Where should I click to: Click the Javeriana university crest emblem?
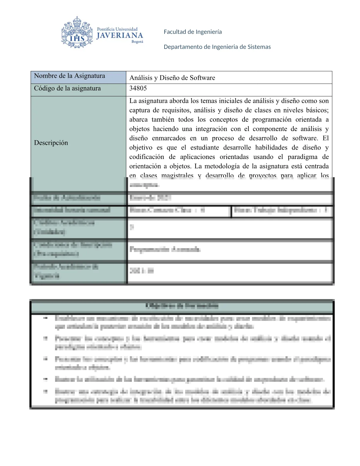pos(77,33)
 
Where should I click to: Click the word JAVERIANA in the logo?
pos(120,36)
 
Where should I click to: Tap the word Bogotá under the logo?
pos(137,42)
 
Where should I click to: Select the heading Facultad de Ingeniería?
pos(193,32)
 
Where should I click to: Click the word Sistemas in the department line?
pos(259,47)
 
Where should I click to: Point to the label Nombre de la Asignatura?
pos(69,76)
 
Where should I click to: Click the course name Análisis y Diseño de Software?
pos(172,78)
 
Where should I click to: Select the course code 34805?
pos(138,88)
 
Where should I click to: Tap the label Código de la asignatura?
pos(67,88)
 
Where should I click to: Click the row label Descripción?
pos(51,143)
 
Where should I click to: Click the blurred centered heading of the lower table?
pos(182,306)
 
